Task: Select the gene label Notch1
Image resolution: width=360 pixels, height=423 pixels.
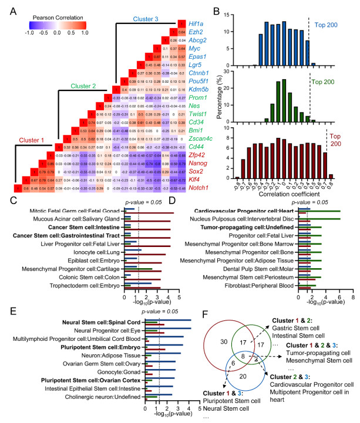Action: (198, 188)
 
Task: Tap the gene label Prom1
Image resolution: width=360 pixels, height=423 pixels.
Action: (197, 97)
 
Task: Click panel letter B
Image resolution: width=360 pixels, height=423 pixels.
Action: (216, 7)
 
